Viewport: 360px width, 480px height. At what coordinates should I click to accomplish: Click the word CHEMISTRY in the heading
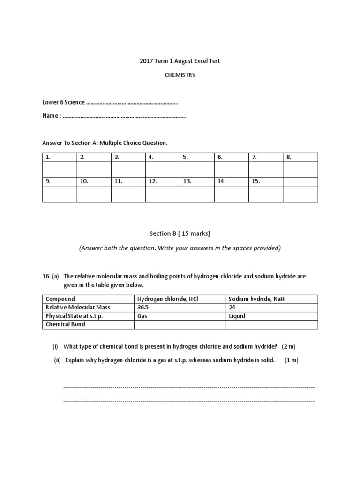point(180,75)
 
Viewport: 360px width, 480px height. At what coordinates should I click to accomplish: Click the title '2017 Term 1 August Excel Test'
point(180,61)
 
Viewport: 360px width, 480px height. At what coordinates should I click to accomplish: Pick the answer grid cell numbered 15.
point(256,181)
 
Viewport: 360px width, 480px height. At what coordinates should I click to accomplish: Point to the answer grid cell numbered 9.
point(48,181)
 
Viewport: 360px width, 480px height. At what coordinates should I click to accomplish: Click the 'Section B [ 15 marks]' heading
point(180,233)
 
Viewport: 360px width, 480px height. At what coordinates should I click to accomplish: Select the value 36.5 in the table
point(142,307)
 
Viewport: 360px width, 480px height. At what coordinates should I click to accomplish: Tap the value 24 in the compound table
point(232,307)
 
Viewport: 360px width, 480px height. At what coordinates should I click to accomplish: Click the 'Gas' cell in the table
point(142,316)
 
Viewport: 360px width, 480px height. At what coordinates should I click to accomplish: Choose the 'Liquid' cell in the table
point(237,316)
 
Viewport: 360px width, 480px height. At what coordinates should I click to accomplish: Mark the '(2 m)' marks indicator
point(289,346)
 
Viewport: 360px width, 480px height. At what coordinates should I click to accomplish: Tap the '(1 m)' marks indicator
point(291,360)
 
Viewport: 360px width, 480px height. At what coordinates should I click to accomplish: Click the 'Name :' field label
point(52,115)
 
